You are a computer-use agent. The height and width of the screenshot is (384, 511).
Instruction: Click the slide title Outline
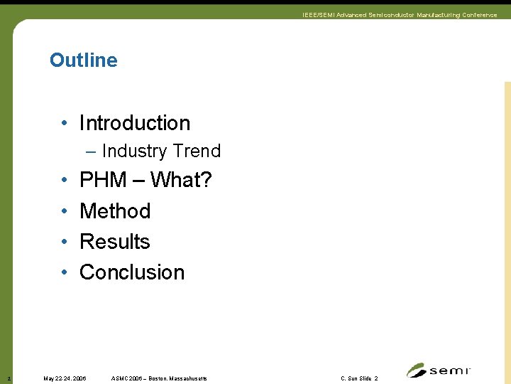[83, 60]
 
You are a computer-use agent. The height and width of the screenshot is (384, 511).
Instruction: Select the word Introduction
[135, 123]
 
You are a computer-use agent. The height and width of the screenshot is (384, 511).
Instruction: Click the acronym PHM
[103, 181]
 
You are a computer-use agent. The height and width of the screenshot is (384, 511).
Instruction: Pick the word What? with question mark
[181, 181]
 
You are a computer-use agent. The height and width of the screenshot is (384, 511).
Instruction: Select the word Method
[115, 211]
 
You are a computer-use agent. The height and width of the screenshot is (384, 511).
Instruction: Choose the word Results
[115, 242]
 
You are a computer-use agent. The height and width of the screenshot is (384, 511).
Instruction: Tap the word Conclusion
[132, 272]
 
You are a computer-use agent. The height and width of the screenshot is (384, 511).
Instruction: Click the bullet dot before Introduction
[64, 124]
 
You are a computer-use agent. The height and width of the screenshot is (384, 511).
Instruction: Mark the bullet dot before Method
[64, 212]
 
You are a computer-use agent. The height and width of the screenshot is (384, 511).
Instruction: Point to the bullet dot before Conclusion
[64, 273]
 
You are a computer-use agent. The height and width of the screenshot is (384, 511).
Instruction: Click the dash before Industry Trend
[92, 151]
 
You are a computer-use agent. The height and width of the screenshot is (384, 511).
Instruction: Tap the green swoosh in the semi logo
[417, 370]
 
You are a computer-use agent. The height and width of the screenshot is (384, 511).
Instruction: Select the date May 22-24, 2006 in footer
[65, 378]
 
